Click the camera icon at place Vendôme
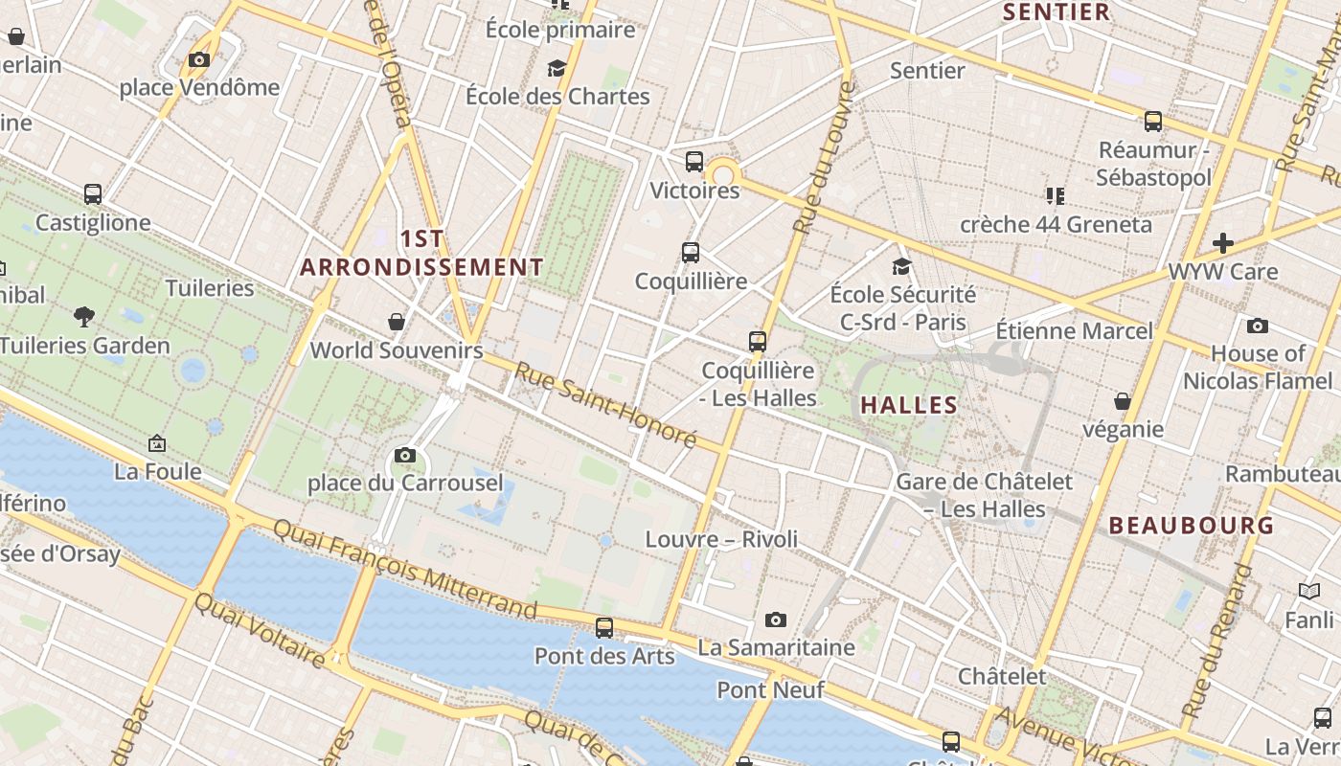199,60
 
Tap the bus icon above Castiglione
93,194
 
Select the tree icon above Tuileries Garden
84,316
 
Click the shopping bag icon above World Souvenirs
397,322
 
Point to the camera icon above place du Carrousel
405,455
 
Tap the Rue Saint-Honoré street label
605,405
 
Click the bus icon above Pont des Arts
604,628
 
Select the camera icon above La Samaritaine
776,620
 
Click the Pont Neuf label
755,689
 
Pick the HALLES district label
909,405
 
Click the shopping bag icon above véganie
1123,401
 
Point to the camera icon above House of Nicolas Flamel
1258,327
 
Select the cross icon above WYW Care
1223,243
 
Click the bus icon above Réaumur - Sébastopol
1153,122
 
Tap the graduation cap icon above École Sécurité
902,266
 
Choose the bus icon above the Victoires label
694,162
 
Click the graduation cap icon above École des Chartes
557,68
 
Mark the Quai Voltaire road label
260,629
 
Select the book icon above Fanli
1309,592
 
